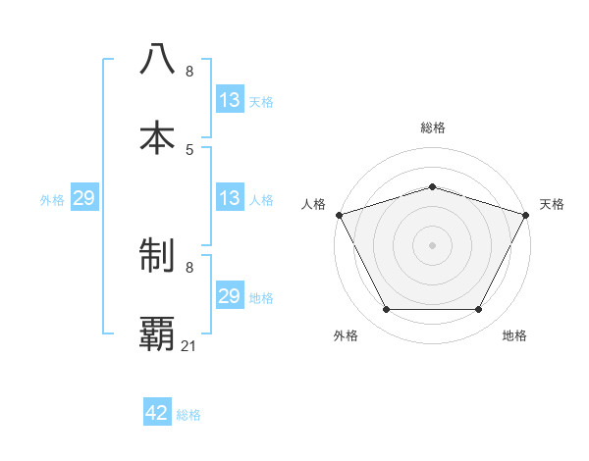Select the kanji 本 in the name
157,136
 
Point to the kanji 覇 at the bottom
157,334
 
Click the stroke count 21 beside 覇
189,345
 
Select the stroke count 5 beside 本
189,149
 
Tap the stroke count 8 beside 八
189,72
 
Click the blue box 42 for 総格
157,413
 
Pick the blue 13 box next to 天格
229,99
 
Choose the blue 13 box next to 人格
229,197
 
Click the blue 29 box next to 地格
229,296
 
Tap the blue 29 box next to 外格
83,198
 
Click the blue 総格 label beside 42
188,415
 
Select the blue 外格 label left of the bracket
52,199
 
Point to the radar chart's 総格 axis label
433,128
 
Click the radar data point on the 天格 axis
527,214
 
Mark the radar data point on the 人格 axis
339,214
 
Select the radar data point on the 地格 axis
479,310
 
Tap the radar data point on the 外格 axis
386,310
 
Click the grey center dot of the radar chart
433,244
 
